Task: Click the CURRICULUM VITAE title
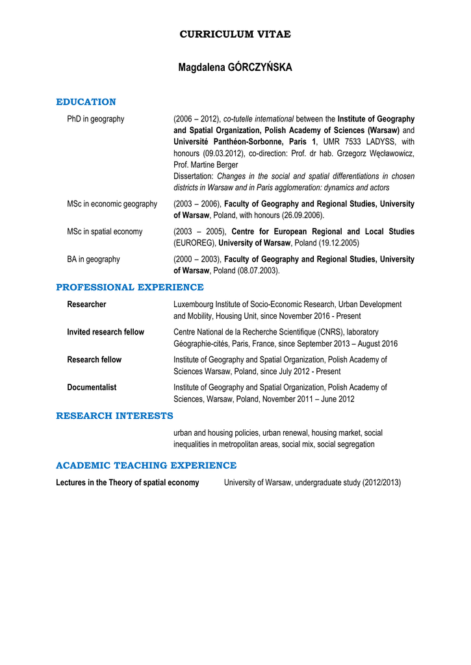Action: [235, 34]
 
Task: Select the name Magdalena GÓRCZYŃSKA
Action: [235, 68]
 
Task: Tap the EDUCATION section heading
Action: [86, 102]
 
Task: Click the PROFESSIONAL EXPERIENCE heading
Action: [130, 287]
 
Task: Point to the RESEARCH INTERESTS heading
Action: [114, 416]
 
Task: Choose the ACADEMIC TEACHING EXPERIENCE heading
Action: [146, 466]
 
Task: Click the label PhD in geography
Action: [95, 119]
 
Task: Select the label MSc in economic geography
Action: [112, 204]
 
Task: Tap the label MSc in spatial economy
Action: [105, 231]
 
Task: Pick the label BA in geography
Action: [94, 259]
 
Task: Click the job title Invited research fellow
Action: [105, 332]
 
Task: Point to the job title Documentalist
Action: [92, 387]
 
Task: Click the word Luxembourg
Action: [197, 304]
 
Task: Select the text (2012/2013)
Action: [381, 483]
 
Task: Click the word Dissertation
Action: [194, 176]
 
